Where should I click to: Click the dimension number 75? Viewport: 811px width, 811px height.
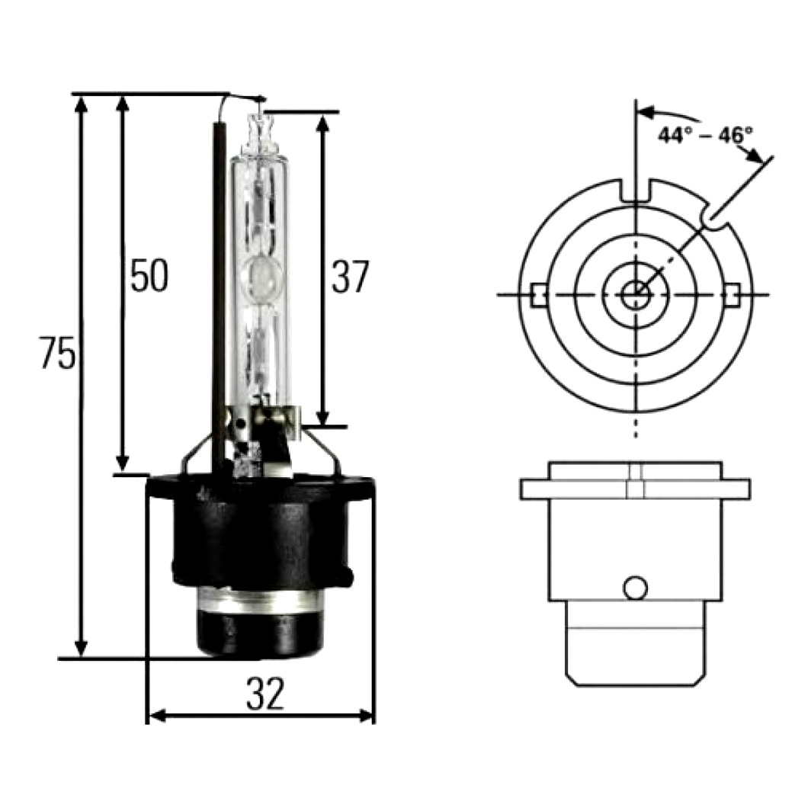57,352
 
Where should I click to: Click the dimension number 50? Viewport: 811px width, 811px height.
149,275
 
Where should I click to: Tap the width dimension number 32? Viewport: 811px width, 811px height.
265,694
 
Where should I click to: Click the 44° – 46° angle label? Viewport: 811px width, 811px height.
705,135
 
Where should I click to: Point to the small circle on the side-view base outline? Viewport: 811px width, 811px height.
635,588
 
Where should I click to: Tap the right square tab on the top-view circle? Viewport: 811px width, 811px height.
732,295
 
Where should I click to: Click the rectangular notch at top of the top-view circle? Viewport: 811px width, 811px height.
636,191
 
